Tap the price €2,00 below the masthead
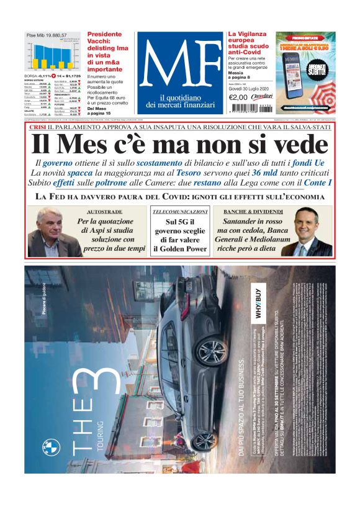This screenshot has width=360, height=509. [x=239, y=97]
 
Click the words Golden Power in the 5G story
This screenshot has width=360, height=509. [x=180, y=249]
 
